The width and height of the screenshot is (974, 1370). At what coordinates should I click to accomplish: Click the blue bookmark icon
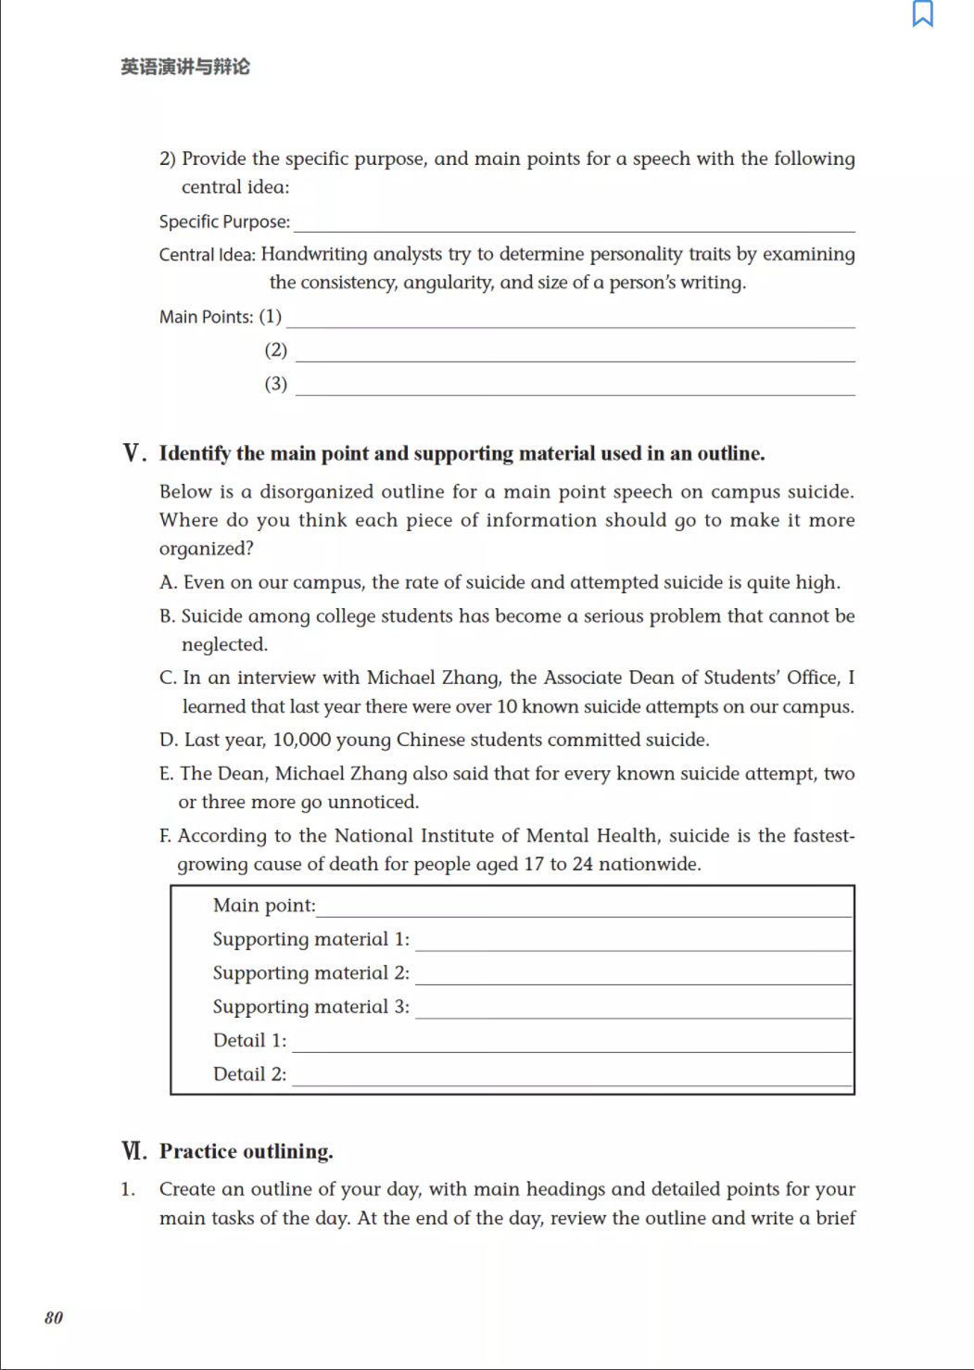coord(922,14)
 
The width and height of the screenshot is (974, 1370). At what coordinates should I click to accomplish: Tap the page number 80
coord(54,1317)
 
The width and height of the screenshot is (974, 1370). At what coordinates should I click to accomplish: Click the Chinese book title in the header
coord(185,67)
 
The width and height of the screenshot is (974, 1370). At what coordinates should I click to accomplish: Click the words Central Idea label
coord(207,255)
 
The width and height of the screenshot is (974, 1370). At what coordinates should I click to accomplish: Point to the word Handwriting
coord(306,254)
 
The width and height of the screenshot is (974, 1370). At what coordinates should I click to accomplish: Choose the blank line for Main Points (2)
coord(575,353)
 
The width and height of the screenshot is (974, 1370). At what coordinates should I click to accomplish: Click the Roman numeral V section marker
coord(133,453)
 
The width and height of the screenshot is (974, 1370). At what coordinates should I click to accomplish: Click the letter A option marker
coord(167,582)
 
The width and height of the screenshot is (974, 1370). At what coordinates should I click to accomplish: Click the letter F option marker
coord(165,836)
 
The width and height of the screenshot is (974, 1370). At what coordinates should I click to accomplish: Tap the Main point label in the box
coord(264,906)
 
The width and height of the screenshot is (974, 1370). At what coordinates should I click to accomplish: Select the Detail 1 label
coord(249,1041)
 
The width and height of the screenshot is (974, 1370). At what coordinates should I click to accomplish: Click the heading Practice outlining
coord(246,1151)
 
